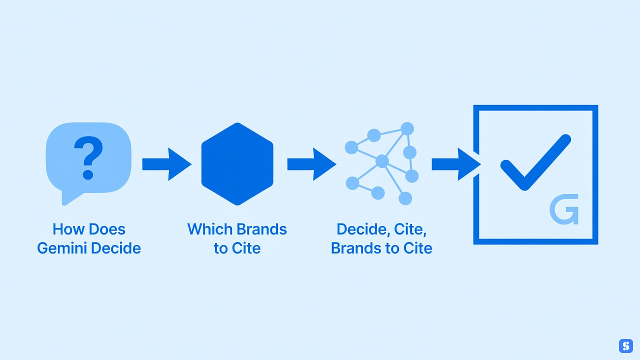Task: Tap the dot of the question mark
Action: [x=87, y=174]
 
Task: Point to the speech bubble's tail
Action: [x=69, y=197]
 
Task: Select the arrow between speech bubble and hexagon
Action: [x=167, y=164]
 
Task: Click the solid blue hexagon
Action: [x=237, y=164]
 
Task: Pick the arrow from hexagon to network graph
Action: [x=311, y=164]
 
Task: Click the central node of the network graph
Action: [x=382, y=161]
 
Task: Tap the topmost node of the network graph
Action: [x=407, y=128]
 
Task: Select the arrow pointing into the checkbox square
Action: [x=456, y=164]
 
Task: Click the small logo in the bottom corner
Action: [x=625, y=346]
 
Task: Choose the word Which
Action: [x=209, y=229]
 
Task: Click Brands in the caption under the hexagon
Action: [x=262, y=229]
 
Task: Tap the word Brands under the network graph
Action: [x=356, y=248]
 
